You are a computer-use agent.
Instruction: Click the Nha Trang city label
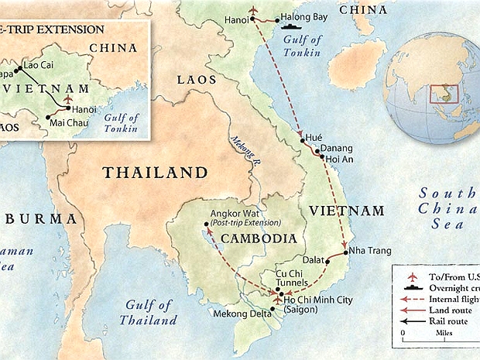coord(371,251)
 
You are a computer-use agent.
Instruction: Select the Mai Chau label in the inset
coord(67,122)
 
